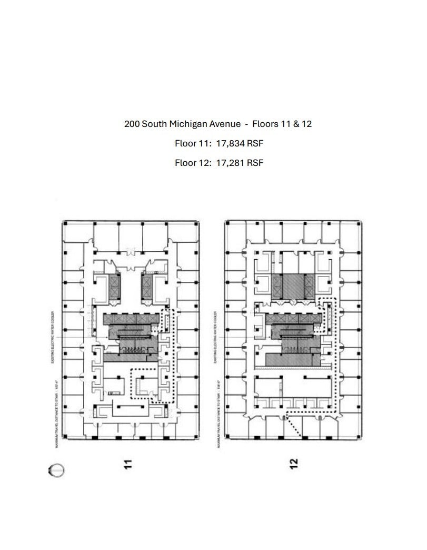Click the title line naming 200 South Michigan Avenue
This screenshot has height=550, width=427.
click(x=218, y=124)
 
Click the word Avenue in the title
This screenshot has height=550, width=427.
click(x=227, y=124)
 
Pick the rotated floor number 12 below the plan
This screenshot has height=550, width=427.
click(x=294, y=463)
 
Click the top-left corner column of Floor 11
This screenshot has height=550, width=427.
click(x=65, y=224)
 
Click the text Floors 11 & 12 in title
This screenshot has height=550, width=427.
click(x=282, y=124)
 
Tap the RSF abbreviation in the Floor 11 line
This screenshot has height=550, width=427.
click(x=255, y=143)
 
